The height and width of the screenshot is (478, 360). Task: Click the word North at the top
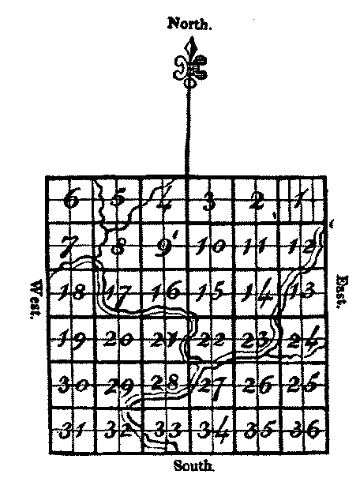click(x=189, y=23)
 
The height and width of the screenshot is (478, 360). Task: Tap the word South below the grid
click(x=194, y=466)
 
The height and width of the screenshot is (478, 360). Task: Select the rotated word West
click(x=36, y=299)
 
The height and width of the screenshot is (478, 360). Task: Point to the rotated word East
click(x=343, y=292)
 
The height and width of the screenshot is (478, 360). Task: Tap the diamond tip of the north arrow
click(x=191, y=47)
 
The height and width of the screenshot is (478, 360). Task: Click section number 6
click(x=71, y=200)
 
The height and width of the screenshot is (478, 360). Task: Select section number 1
click(x=302, y=198)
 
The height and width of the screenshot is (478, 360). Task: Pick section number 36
click(x=305, y=429)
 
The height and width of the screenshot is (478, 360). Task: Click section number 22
click(x=211, y=339)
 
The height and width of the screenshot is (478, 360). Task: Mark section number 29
click(x=118, y=386)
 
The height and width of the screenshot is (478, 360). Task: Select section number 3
click(x=209, y=201)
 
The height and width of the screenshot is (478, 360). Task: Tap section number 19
click(x=72, y=339)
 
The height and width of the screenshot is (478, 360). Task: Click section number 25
click(x=304, y=382)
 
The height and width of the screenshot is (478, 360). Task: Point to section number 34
click(x=213, y=429)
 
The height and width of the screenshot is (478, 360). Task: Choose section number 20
click(x=118, y=339)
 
